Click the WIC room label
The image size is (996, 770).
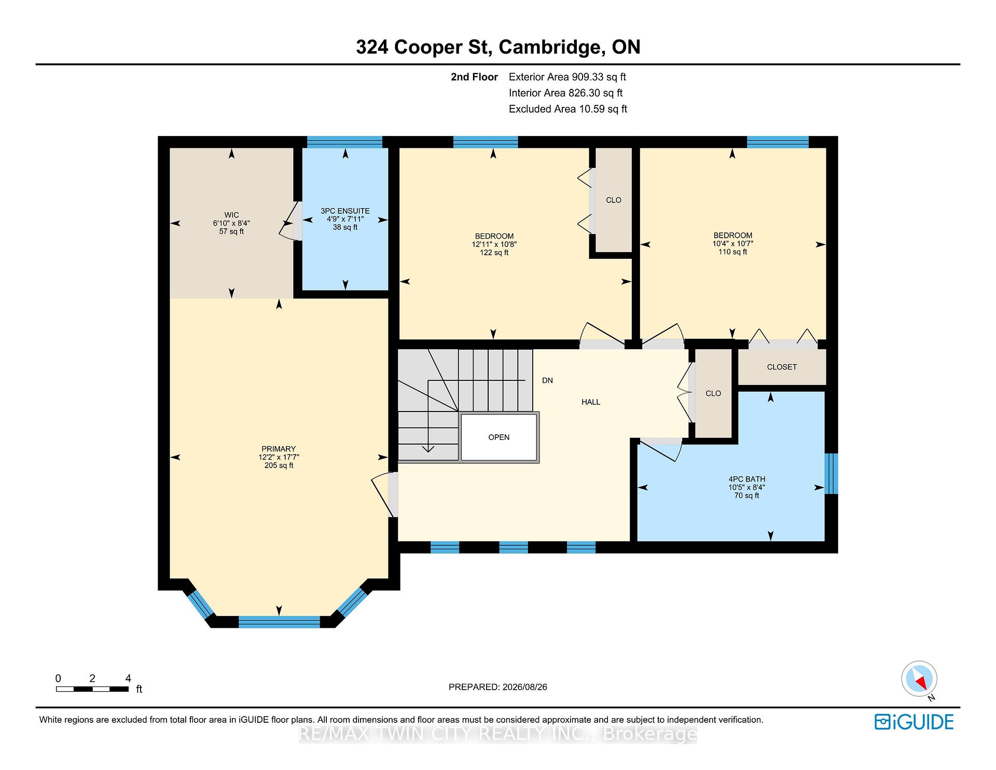[231, 215]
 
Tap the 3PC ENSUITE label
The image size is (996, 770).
[345, 211]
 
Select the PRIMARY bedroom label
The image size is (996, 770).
[279, 449]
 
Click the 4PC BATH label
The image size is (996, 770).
[746, 479]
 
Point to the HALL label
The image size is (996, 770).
[591, 402]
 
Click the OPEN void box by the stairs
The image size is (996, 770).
[499, 437]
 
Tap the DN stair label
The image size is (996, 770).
[547, 380]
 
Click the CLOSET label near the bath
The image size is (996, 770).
[782, 367]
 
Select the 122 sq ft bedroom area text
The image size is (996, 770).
[494, 253]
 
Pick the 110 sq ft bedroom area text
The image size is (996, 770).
[732, 252]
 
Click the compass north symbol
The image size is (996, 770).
[919, 679]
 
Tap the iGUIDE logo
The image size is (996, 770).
[914, 722]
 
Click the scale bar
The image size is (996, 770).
[92, 689]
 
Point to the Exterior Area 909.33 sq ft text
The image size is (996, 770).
[568, 77]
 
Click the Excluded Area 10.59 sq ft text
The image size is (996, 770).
[568, 109]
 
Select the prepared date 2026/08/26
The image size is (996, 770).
[524, 687]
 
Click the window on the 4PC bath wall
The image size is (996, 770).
[831, 474]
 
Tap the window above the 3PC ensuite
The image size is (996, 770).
[344, 142]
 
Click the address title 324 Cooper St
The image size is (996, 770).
[422, 47]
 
